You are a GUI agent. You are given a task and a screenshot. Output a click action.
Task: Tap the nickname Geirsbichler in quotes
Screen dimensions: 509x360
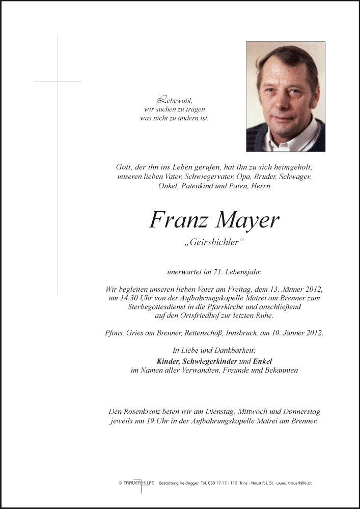coord(214,243)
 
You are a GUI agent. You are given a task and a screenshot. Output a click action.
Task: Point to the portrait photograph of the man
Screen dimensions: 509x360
coord(286,96)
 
